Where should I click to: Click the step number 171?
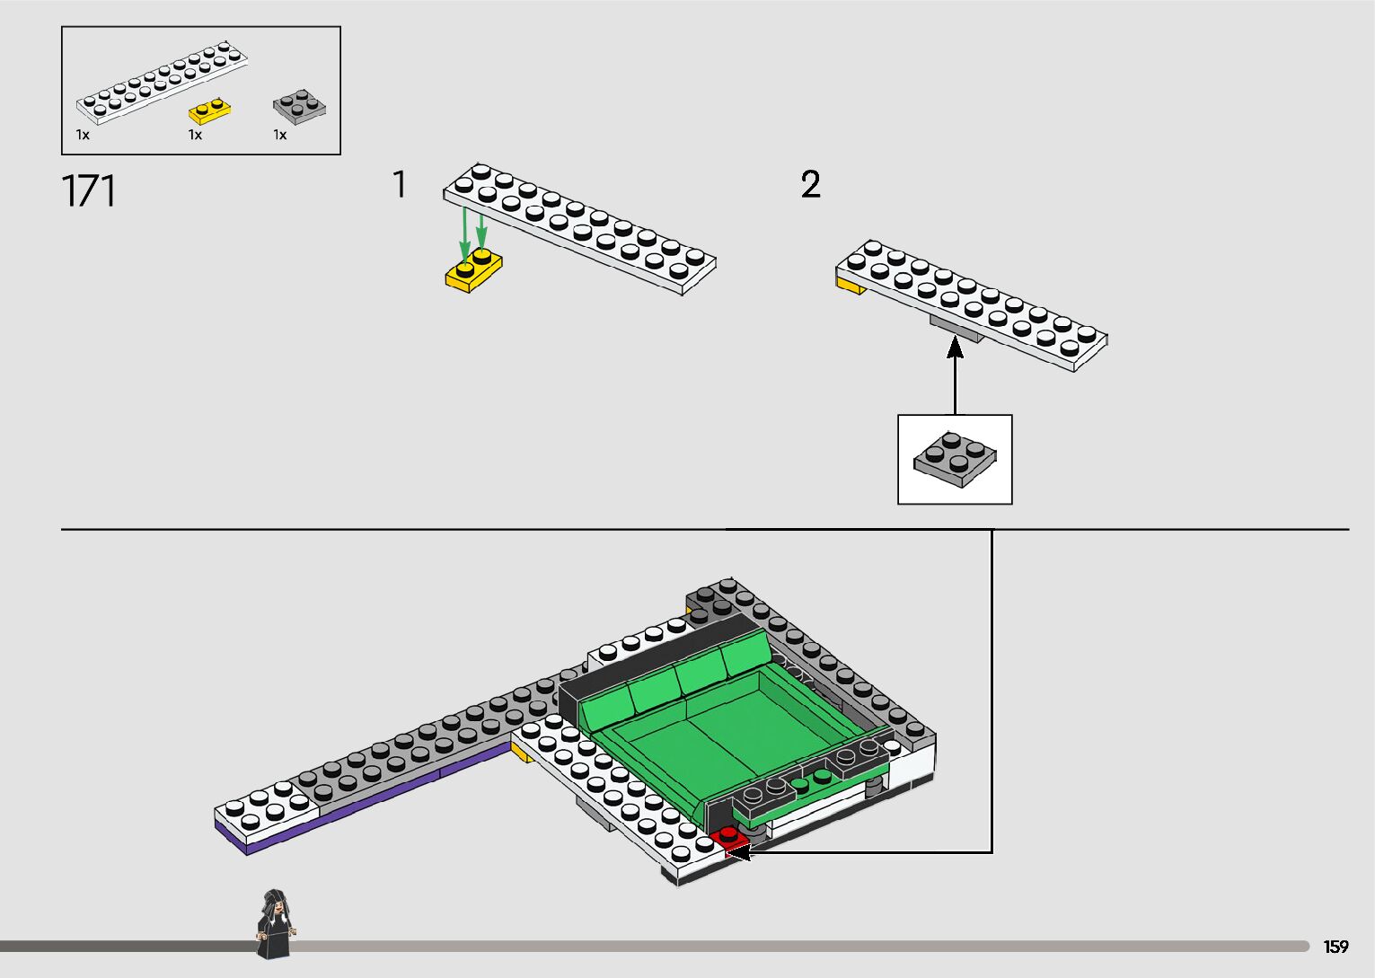89,192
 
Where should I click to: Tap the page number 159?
1335,947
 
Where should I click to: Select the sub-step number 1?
400,185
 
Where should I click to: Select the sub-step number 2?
810,185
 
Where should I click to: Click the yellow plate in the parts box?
210,111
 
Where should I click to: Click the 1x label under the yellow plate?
195,135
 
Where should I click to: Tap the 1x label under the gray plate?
280,135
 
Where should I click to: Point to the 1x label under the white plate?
83,135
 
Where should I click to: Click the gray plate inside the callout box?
955,458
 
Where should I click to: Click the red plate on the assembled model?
728,839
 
